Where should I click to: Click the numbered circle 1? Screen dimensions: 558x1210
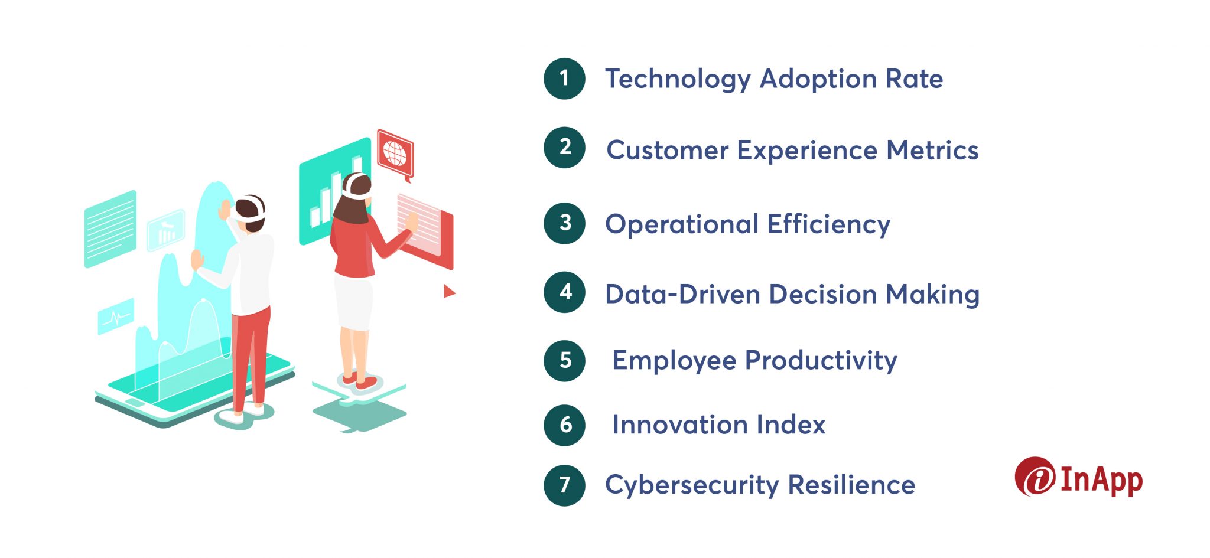pos(564,79)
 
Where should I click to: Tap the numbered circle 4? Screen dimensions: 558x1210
pos(564,292)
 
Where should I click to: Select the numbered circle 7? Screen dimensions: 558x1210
pos(564,485)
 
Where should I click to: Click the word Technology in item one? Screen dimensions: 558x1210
pos(677,80)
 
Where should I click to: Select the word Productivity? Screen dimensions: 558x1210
pos(821,361)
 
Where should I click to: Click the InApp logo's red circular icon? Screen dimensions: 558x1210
pos(1035,477)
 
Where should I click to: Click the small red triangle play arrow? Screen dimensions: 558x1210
pos(449,291)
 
